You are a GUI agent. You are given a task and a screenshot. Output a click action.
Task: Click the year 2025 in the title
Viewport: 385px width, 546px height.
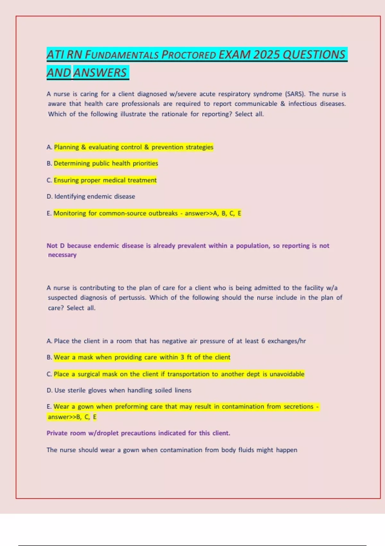pos(267,55)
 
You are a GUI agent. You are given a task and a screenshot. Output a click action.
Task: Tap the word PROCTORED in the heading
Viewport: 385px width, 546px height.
pos(189,55)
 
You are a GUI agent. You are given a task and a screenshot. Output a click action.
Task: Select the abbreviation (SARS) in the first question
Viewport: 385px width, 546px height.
pos(295,94)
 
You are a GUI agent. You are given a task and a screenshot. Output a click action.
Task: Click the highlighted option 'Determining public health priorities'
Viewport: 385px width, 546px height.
pos(106,163)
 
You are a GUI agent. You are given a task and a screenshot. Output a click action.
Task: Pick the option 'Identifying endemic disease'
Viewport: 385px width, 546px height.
pos(95,197)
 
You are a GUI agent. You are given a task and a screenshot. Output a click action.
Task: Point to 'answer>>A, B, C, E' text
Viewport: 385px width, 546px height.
pos(213,214)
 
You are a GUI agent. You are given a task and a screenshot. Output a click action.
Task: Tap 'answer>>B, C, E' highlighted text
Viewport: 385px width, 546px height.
pos(72,417)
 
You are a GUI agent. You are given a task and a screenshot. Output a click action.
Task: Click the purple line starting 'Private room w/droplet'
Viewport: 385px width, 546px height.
pos(138,433)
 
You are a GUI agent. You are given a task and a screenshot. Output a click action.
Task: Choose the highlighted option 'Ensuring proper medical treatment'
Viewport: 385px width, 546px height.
pos(105,181)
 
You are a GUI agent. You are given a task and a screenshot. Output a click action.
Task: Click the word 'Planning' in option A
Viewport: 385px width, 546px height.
pos(66,147)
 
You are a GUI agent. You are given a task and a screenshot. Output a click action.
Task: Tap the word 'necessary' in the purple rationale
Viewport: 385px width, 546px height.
pos(62,255)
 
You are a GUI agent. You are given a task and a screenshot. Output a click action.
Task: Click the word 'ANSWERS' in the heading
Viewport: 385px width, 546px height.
pos(100,73)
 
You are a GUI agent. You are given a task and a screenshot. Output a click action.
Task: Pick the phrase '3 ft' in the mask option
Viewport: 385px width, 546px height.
pos(186,357)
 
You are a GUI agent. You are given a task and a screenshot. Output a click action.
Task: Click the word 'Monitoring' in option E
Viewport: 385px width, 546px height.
pos(70,214)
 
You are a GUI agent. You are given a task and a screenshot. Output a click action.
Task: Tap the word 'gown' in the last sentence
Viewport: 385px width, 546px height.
pos(131,450)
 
